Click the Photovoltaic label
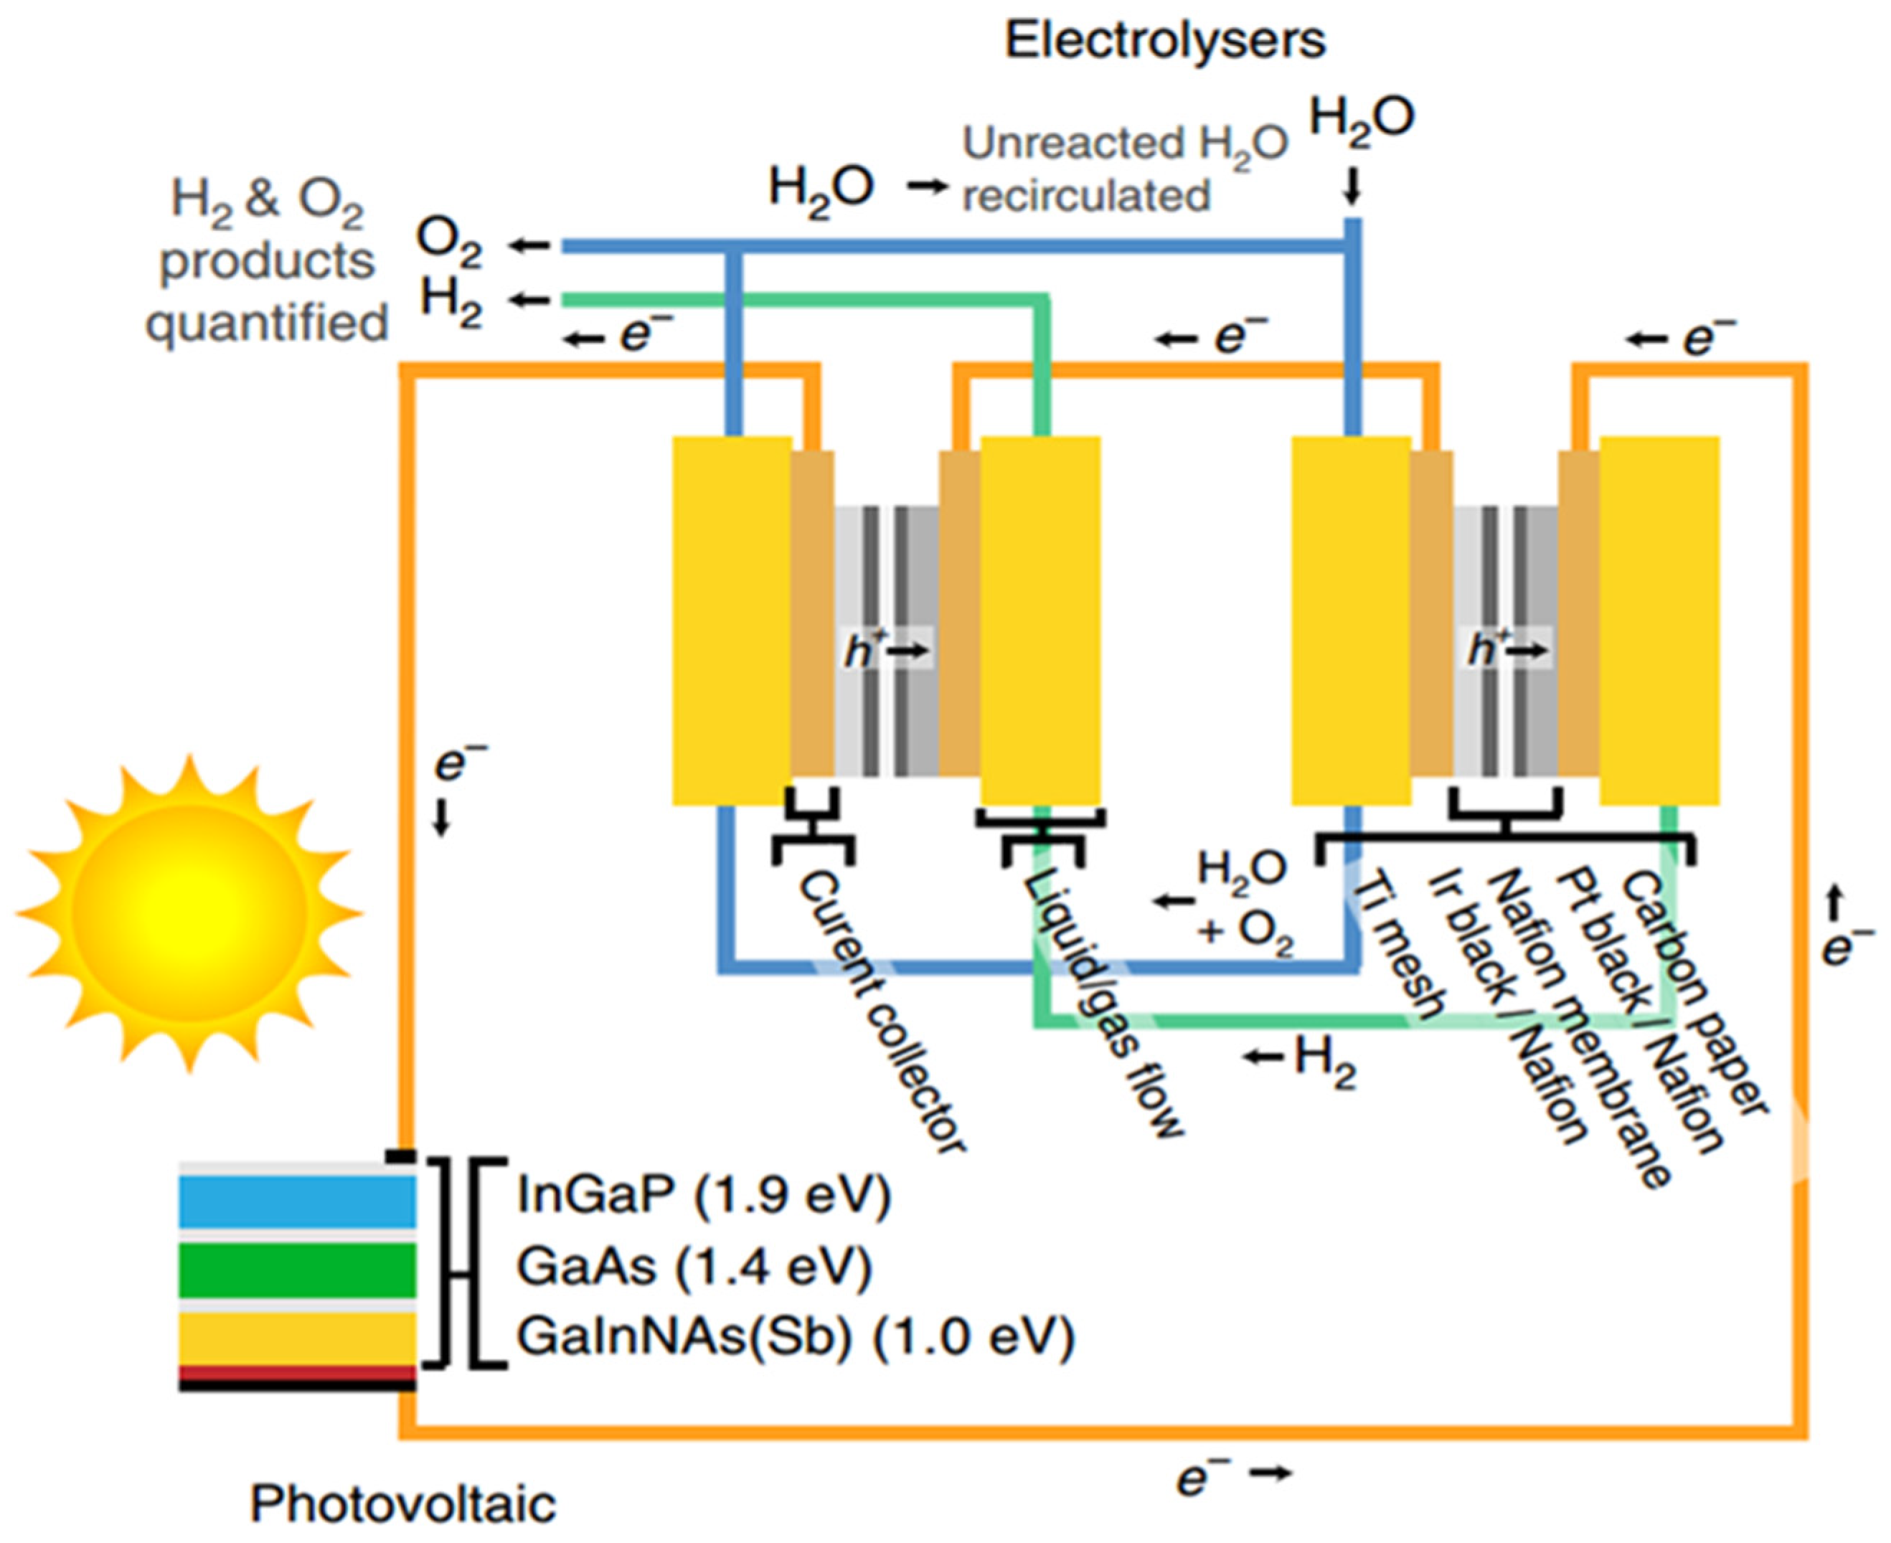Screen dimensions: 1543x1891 tap(402, 1504)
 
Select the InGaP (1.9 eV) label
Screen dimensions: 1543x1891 tap(703, 1197)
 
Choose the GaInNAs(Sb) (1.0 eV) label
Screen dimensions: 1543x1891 tap(796, 1338)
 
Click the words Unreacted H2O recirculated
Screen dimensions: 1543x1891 tap(1124, 169)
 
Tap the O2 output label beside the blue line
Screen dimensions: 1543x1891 tap(450, 245)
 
